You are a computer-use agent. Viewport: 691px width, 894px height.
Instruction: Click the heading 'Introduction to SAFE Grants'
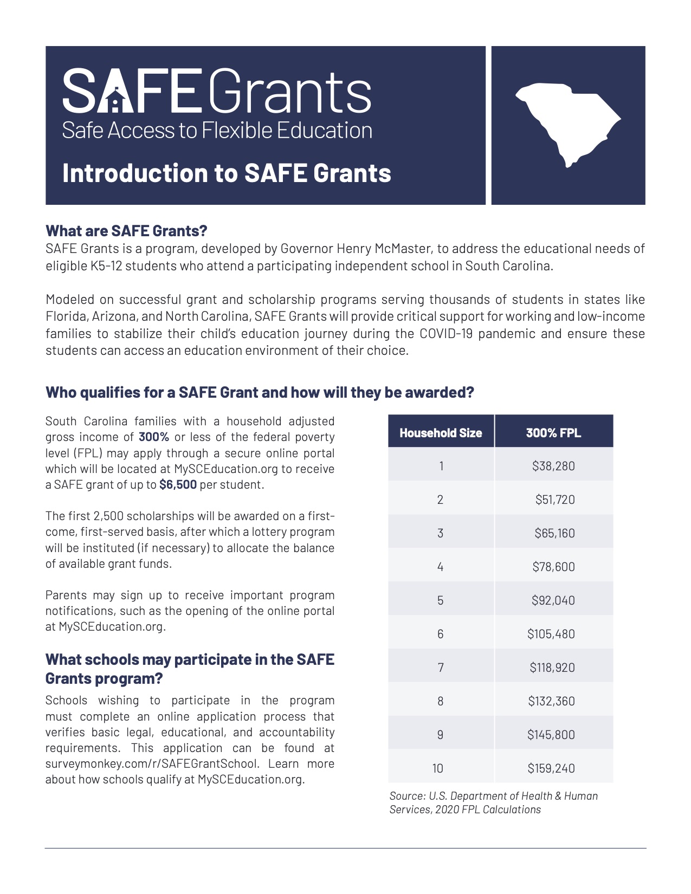point(227,173)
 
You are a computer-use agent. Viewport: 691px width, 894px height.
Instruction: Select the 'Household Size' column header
point(441,433)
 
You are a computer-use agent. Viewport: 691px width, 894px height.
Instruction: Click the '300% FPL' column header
point(553,433)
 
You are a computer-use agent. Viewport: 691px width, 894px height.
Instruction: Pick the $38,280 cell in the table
point(553,466)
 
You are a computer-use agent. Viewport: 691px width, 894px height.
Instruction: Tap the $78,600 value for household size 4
point(553,567)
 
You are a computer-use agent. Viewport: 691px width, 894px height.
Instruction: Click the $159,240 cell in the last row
point(551,768)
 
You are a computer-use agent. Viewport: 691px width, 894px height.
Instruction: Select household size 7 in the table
point(441,668)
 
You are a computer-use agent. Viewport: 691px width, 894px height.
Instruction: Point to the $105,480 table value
point(551,634)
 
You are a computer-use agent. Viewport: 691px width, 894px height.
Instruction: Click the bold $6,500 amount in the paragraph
point(178,485)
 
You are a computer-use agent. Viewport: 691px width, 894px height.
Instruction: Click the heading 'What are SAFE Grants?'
point(126,231)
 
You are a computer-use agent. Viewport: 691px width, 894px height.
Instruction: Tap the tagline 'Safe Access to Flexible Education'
point(217,131)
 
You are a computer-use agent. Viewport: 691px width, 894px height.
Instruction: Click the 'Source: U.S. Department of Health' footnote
point(493,796)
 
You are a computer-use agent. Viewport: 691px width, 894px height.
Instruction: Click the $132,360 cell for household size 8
point(551,701)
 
